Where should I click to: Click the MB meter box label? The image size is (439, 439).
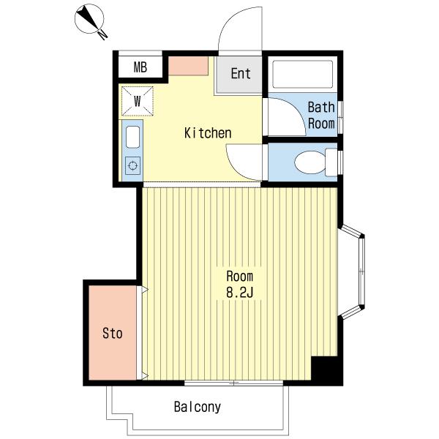pyautogui.click(x=140, y=67)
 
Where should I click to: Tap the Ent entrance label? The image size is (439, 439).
pyautogui.click(x=241, y=74)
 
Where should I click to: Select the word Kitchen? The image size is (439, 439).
pyautogui.click(x=208, y=133)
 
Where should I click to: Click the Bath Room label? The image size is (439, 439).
pyautogui.click(x=321, y=116)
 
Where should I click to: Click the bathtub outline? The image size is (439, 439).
pyautogui.click(x=303, y=74)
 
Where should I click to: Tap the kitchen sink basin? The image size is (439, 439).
pyautogui.click(x=132, y=137)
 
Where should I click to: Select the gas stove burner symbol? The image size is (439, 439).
pyautogui.click(x=132, y=166)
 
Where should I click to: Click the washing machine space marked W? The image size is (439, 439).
pyautogui.click(x=138, y=101)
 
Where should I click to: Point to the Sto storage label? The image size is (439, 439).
pyautogui.click(x=112, y=333)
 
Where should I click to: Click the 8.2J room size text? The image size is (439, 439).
pyautogui.click(x=240, y=293)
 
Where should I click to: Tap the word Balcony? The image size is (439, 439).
pyautogui.click(x=198, y=407)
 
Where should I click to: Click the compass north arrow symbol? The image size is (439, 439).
pyautogui.click(x=89, y=19)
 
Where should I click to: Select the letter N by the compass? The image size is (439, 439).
pyautogui.click(x=102, y=34)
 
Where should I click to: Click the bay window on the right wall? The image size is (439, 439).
pyautogui.click(x=352, y=271)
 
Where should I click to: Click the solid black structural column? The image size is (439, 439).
pyautogui.click(x=327, y=370)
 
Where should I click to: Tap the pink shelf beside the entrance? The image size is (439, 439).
pyautogui.click(x=188, y=66)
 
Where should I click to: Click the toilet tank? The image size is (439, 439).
pyautogui.click(x=331, y=162)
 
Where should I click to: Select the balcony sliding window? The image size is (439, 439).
pyautogui.click(x=234, y=383)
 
